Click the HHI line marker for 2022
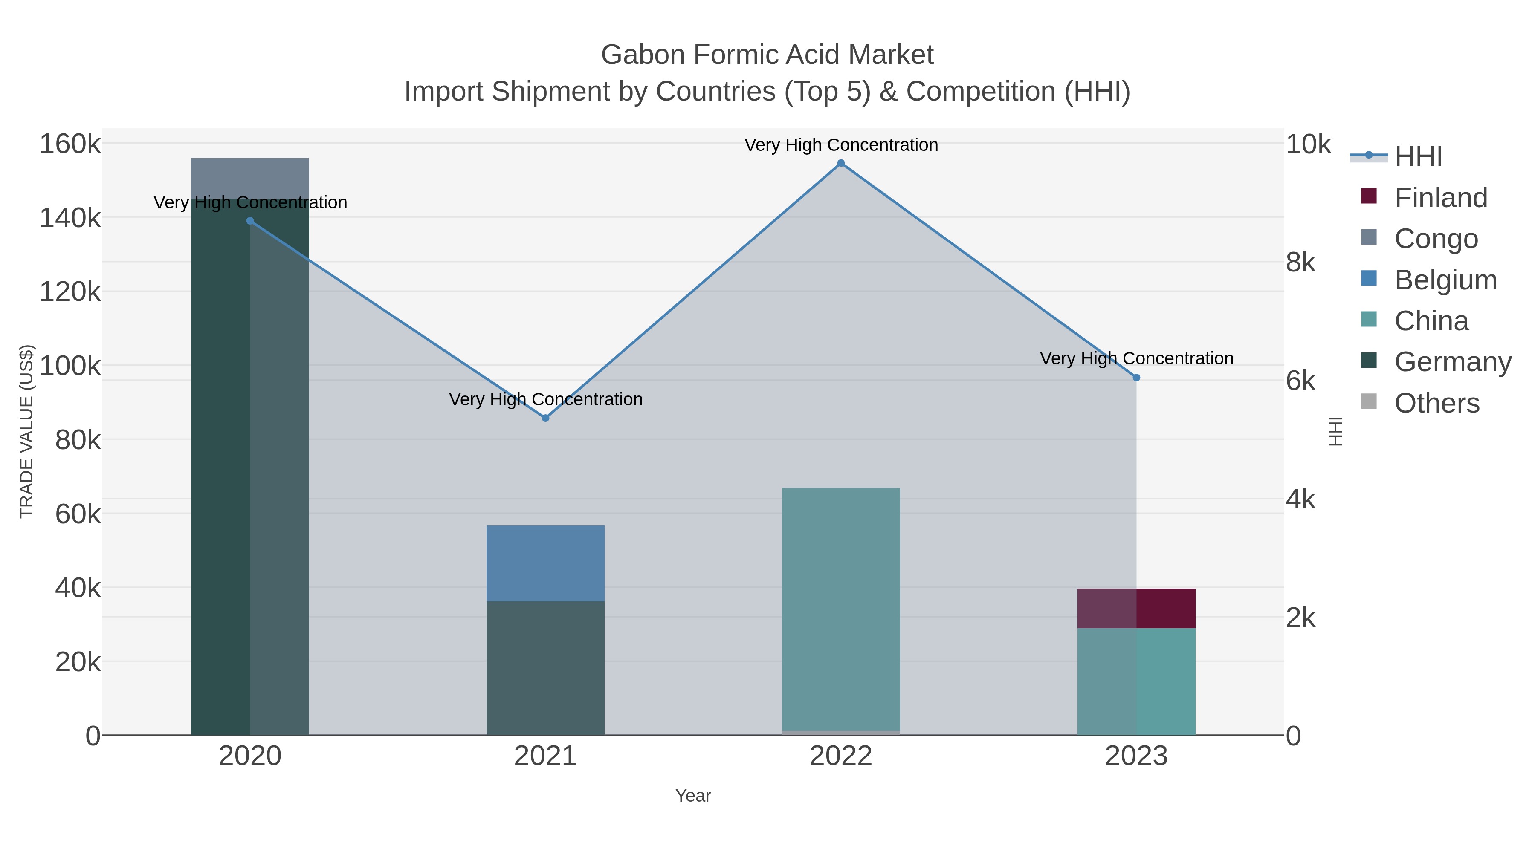click(841, 163)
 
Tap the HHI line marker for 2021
click(545, 418)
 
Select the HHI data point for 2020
click(250, 221)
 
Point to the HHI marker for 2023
click(1136, 378)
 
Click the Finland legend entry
click(1440, 198)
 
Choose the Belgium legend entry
click(1445, 280)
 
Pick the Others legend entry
click(1436, 403)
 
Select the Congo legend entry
click(1436, 239)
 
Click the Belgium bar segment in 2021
click(545, 563)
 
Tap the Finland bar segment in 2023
click(1136, 608)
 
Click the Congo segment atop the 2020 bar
click(250, 177)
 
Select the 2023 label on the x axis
click(1136, 756)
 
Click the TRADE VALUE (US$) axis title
click(27, 431)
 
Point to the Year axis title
click(693, 796)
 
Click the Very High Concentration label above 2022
click(841, 145)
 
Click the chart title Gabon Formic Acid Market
click(767, 55)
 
